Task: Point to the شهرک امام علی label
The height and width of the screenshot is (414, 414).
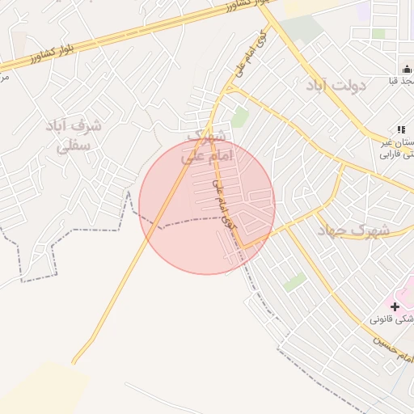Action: (209, 146)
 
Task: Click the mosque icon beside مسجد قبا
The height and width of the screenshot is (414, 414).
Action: (406, 70)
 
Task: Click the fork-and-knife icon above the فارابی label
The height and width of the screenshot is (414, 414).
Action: (400, 129)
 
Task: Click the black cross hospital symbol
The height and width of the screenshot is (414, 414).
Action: (395, 306)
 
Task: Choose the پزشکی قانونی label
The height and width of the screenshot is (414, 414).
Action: (393, 320)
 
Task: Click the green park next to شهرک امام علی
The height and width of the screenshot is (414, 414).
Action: (239, 118)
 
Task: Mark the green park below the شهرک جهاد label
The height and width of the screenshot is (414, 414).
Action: (295, 282)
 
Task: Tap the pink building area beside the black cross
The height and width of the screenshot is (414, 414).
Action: (407, 291)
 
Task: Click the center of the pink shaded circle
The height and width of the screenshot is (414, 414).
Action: (207, 207)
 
